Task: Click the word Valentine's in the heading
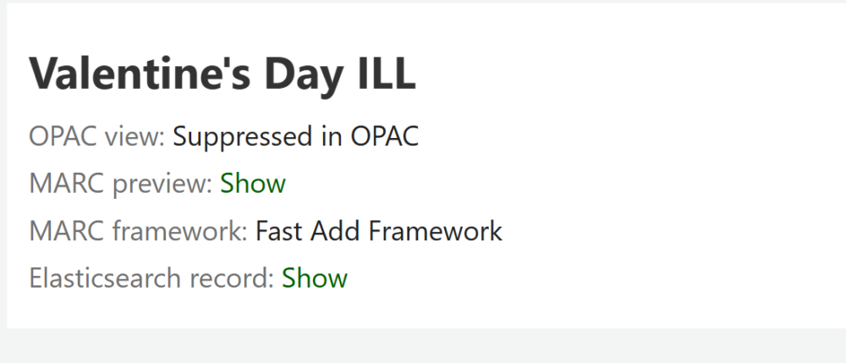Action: click(140, 73)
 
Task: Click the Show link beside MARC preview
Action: click(252, 184)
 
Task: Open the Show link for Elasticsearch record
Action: click(315, 278)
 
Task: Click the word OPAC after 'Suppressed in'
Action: click(385, 136)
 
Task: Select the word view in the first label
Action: click(135, 136)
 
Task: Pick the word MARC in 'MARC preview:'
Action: click(66, 184)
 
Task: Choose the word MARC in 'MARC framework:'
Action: click(66, 231)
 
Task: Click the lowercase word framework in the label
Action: click(179, 231)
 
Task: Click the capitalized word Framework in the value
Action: click(436, 231)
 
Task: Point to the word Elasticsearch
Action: click(102, 278)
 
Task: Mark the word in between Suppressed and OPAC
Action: click(332, 136)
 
